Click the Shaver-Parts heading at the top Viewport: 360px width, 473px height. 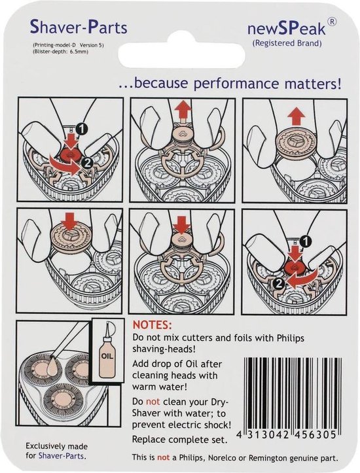click(x=79, y=27)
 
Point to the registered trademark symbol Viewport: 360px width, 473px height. click(x=332, y=22)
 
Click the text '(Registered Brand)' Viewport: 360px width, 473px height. click(x=287, y=43)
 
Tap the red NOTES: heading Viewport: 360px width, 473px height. click(x=152, y=325)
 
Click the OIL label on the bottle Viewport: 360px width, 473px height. click(x=107, y=357)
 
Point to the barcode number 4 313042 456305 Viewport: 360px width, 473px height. click(x=287, y=435)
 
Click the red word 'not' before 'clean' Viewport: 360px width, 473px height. click(x=153, y=402)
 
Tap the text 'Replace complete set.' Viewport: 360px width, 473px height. click(x=180, y=440)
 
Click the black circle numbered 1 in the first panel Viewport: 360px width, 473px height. click(x=81, y=130)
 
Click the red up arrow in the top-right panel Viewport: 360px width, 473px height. click(x=296, y=116)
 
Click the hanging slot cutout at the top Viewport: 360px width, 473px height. click(x=180, y=52)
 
